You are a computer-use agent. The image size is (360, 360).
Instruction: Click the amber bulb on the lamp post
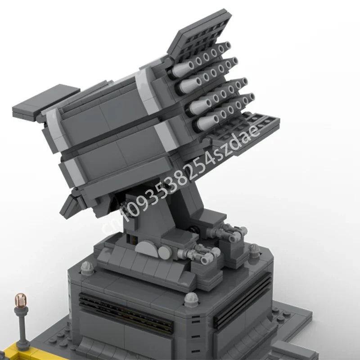(x=20, y=300)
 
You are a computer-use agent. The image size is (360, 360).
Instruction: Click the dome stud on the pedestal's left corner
(x=86, y=267)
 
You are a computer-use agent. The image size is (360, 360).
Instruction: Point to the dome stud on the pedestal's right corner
(x=255, y=249)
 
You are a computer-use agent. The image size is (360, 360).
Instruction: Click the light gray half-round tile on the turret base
(x=147, y=249)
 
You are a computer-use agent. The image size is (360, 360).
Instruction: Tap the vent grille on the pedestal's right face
(x=243, y=299)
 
